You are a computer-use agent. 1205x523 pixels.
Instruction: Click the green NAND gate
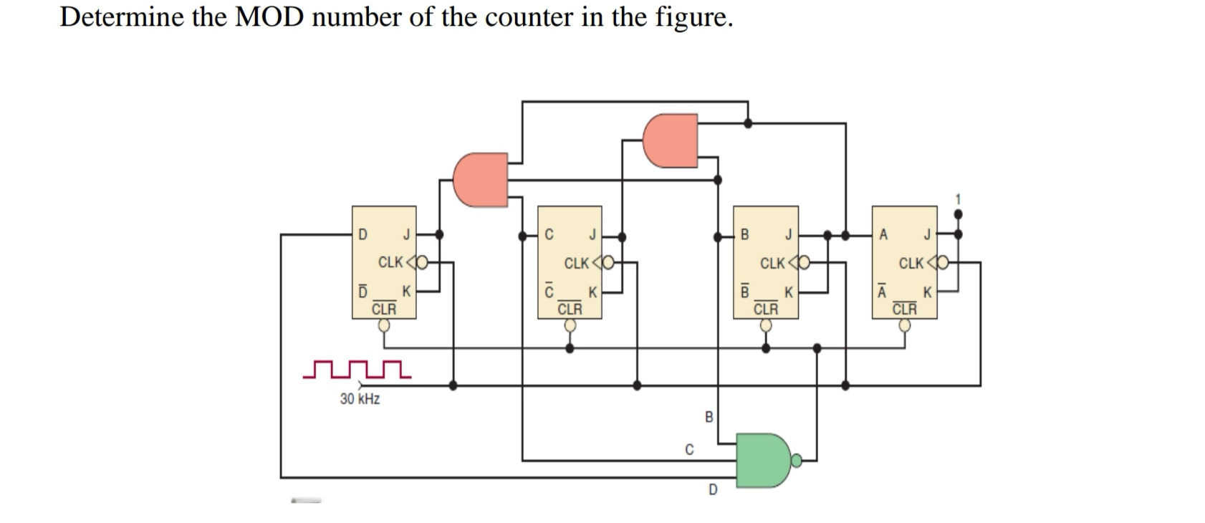pos(762,459)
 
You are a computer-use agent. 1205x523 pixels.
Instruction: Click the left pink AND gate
pos(479,179)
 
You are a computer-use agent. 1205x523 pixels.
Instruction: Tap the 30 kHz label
pos(360,399)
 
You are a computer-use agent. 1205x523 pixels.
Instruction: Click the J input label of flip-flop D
pos(406,234)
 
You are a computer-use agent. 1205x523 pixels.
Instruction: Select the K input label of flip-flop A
pos(927,292)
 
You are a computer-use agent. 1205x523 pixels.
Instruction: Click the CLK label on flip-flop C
pos(577,263)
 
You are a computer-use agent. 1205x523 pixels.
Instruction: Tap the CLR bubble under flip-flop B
pos(766,325)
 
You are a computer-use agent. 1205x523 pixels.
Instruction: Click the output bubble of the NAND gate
pos(797,460)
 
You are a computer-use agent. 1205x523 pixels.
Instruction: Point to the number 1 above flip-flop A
pos(959,198)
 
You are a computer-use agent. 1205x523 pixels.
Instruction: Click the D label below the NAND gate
pos(712,490)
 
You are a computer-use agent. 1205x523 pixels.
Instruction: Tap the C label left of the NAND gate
pos(689,450)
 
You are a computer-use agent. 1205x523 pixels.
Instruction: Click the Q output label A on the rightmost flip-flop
pos(883,234)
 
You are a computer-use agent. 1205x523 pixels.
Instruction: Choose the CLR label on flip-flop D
pos(384,309)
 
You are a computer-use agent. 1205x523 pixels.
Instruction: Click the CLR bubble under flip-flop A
pos(905,325)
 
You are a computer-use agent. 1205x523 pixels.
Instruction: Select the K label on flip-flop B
pos(788,292)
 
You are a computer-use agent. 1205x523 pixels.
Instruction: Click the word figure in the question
pos(693,16)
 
